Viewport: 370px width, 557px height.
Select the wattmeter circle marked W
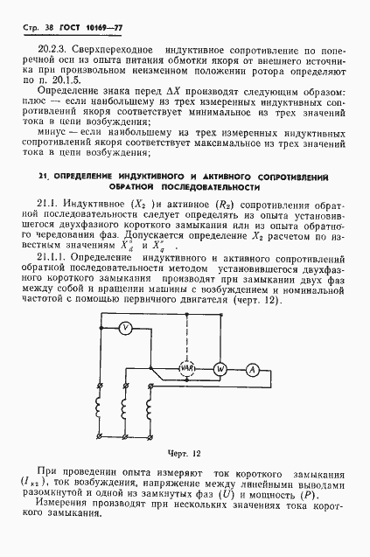coord(221,369)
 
